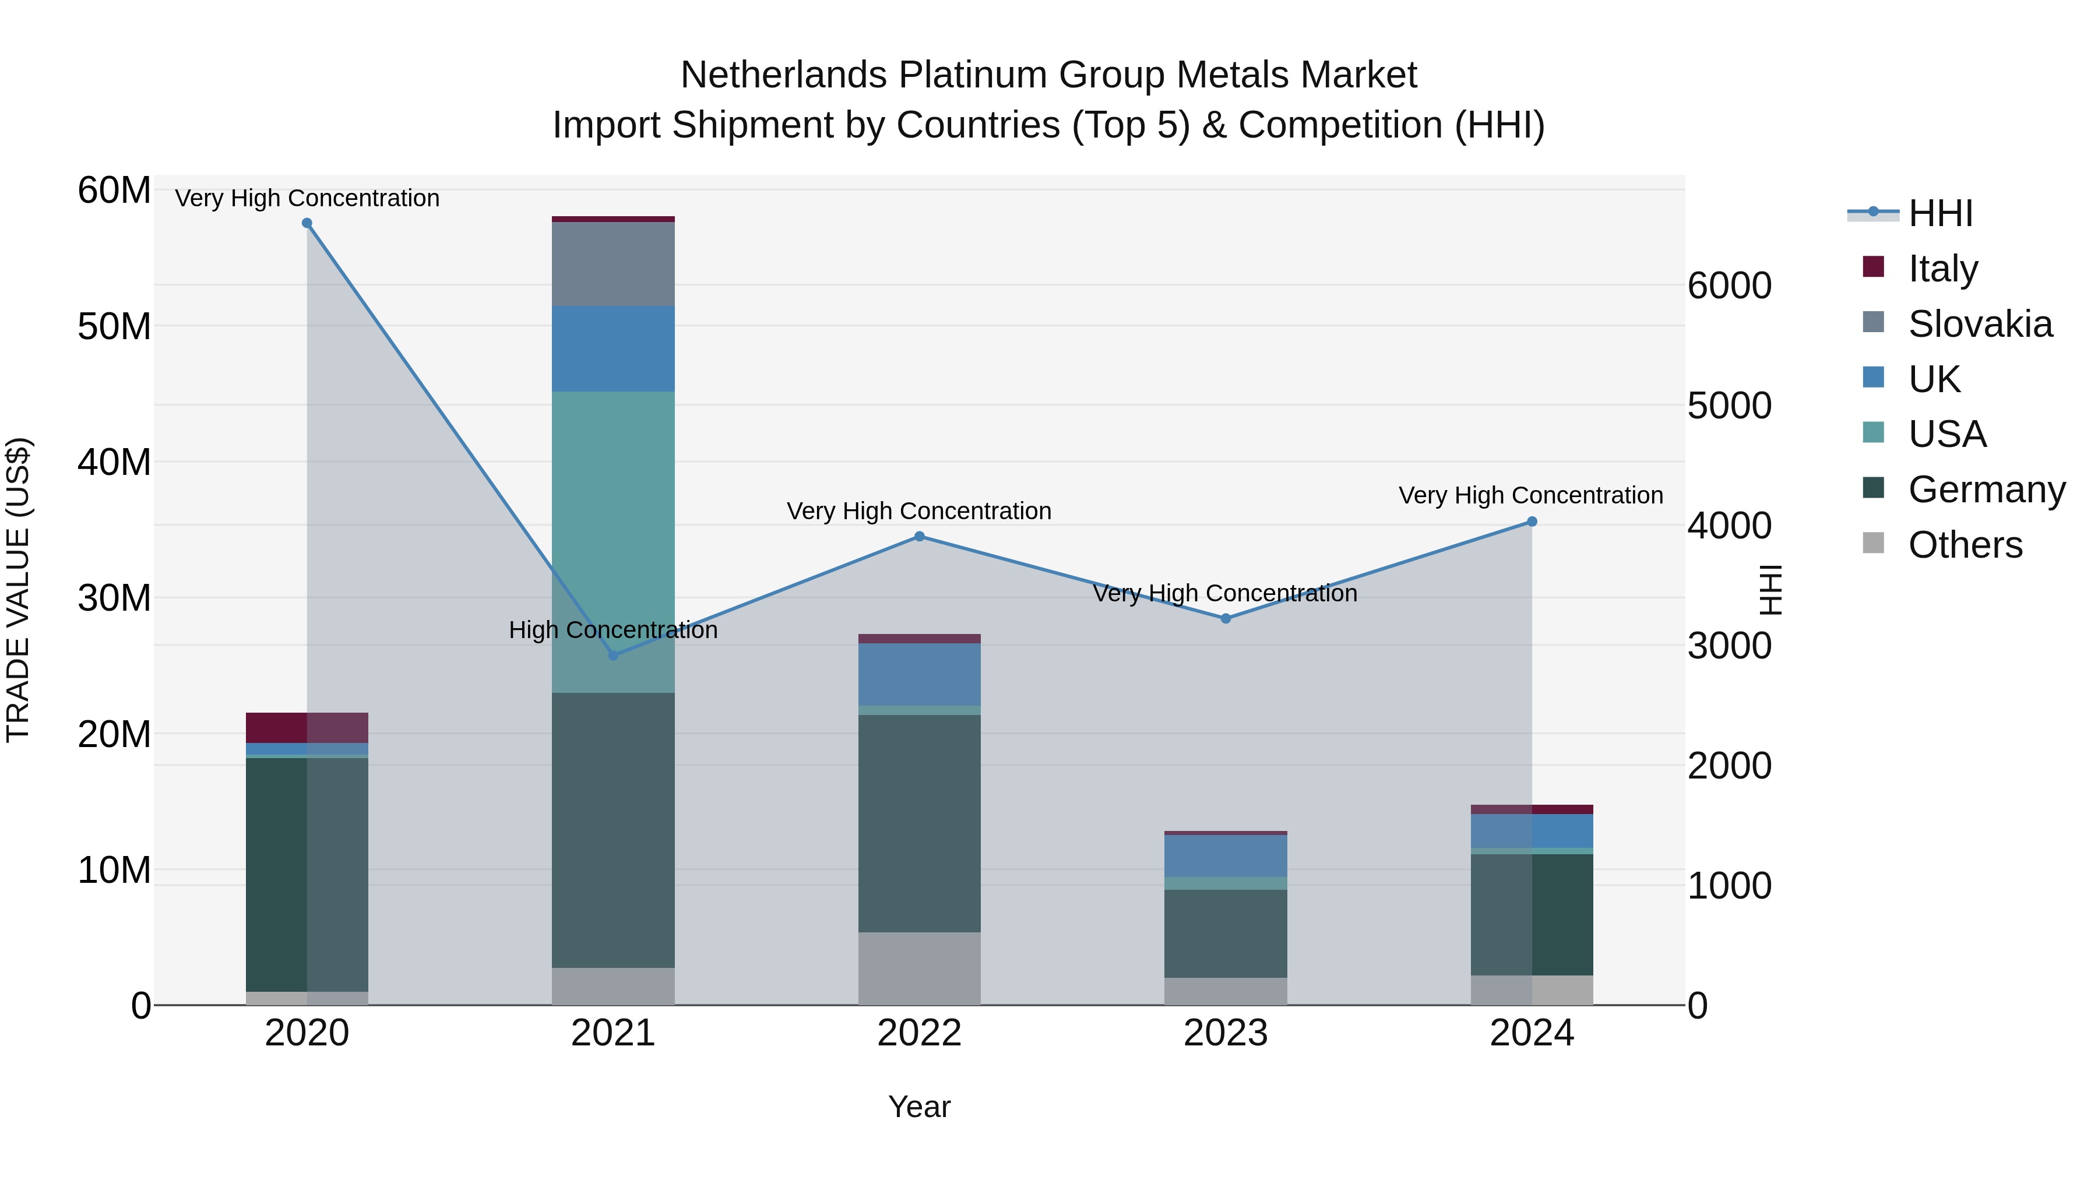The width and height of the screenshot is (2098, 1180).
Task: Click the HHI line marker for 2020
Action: (307, 223)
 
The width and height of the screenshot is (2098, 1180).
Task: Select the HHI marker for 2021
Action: (613, 656)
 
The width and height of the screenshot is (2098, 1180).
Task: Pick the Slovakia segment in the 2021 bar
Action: (613, 264)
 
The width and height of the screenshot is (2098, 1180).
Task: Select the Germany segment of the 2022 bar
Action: (920, 822)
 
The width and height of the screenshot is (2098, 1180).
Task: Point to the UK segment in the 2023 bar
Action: (1226, 855)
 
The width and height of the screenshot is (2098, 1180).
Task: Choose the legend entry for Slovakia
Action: (1979, 324)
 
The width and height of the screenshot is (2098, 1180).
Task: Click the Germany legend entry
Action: (1986, 489)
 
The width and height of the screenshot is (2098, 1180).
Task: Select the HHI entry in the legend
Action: (1940, 213)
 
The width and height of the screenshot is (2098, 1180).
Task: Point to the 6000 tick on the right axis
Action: (1729, 286)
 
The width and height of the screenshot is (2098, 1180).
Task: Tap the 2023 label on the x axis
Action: (1226, 1033)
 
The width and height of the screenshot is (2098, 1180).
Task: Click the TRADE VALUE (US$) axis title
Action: (18, 590)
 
